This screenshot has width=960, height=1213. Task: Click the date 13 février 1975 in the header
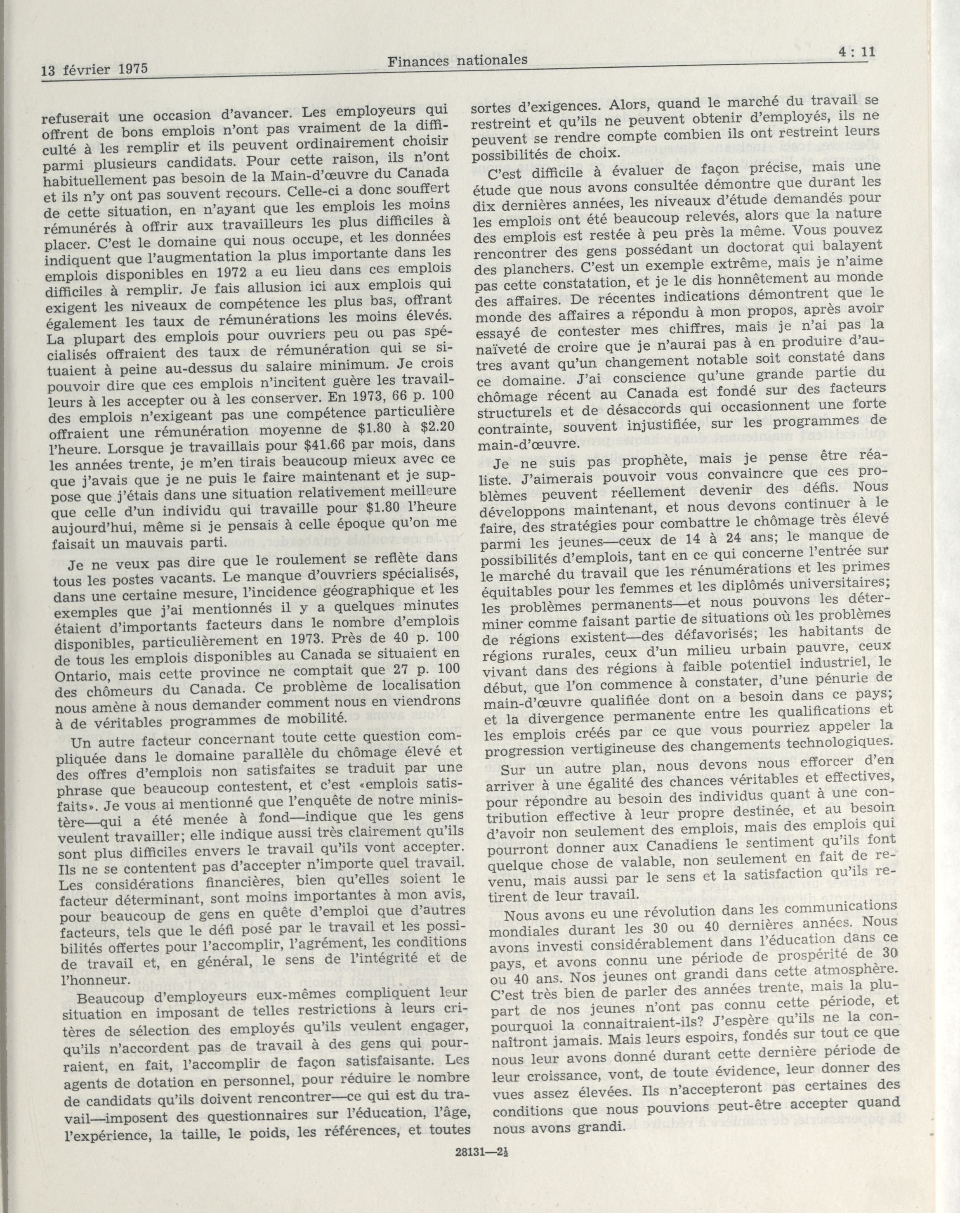93,70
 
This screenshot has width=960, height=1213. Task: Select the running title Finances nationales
458,59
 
